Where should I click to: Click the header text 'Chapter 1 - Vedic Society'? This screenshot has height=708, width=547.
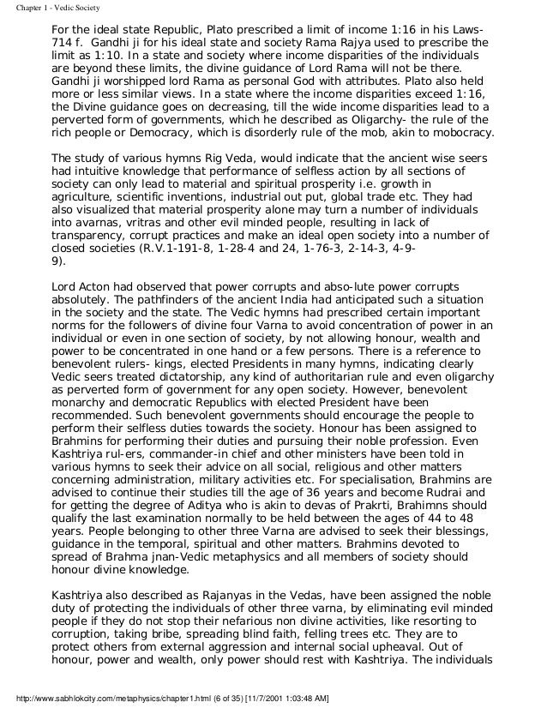[x=49, y=7]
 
